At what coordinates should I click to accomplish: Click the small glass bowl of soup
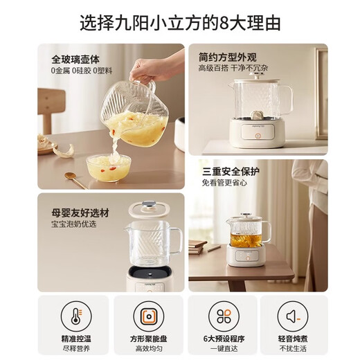point(108,168)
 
